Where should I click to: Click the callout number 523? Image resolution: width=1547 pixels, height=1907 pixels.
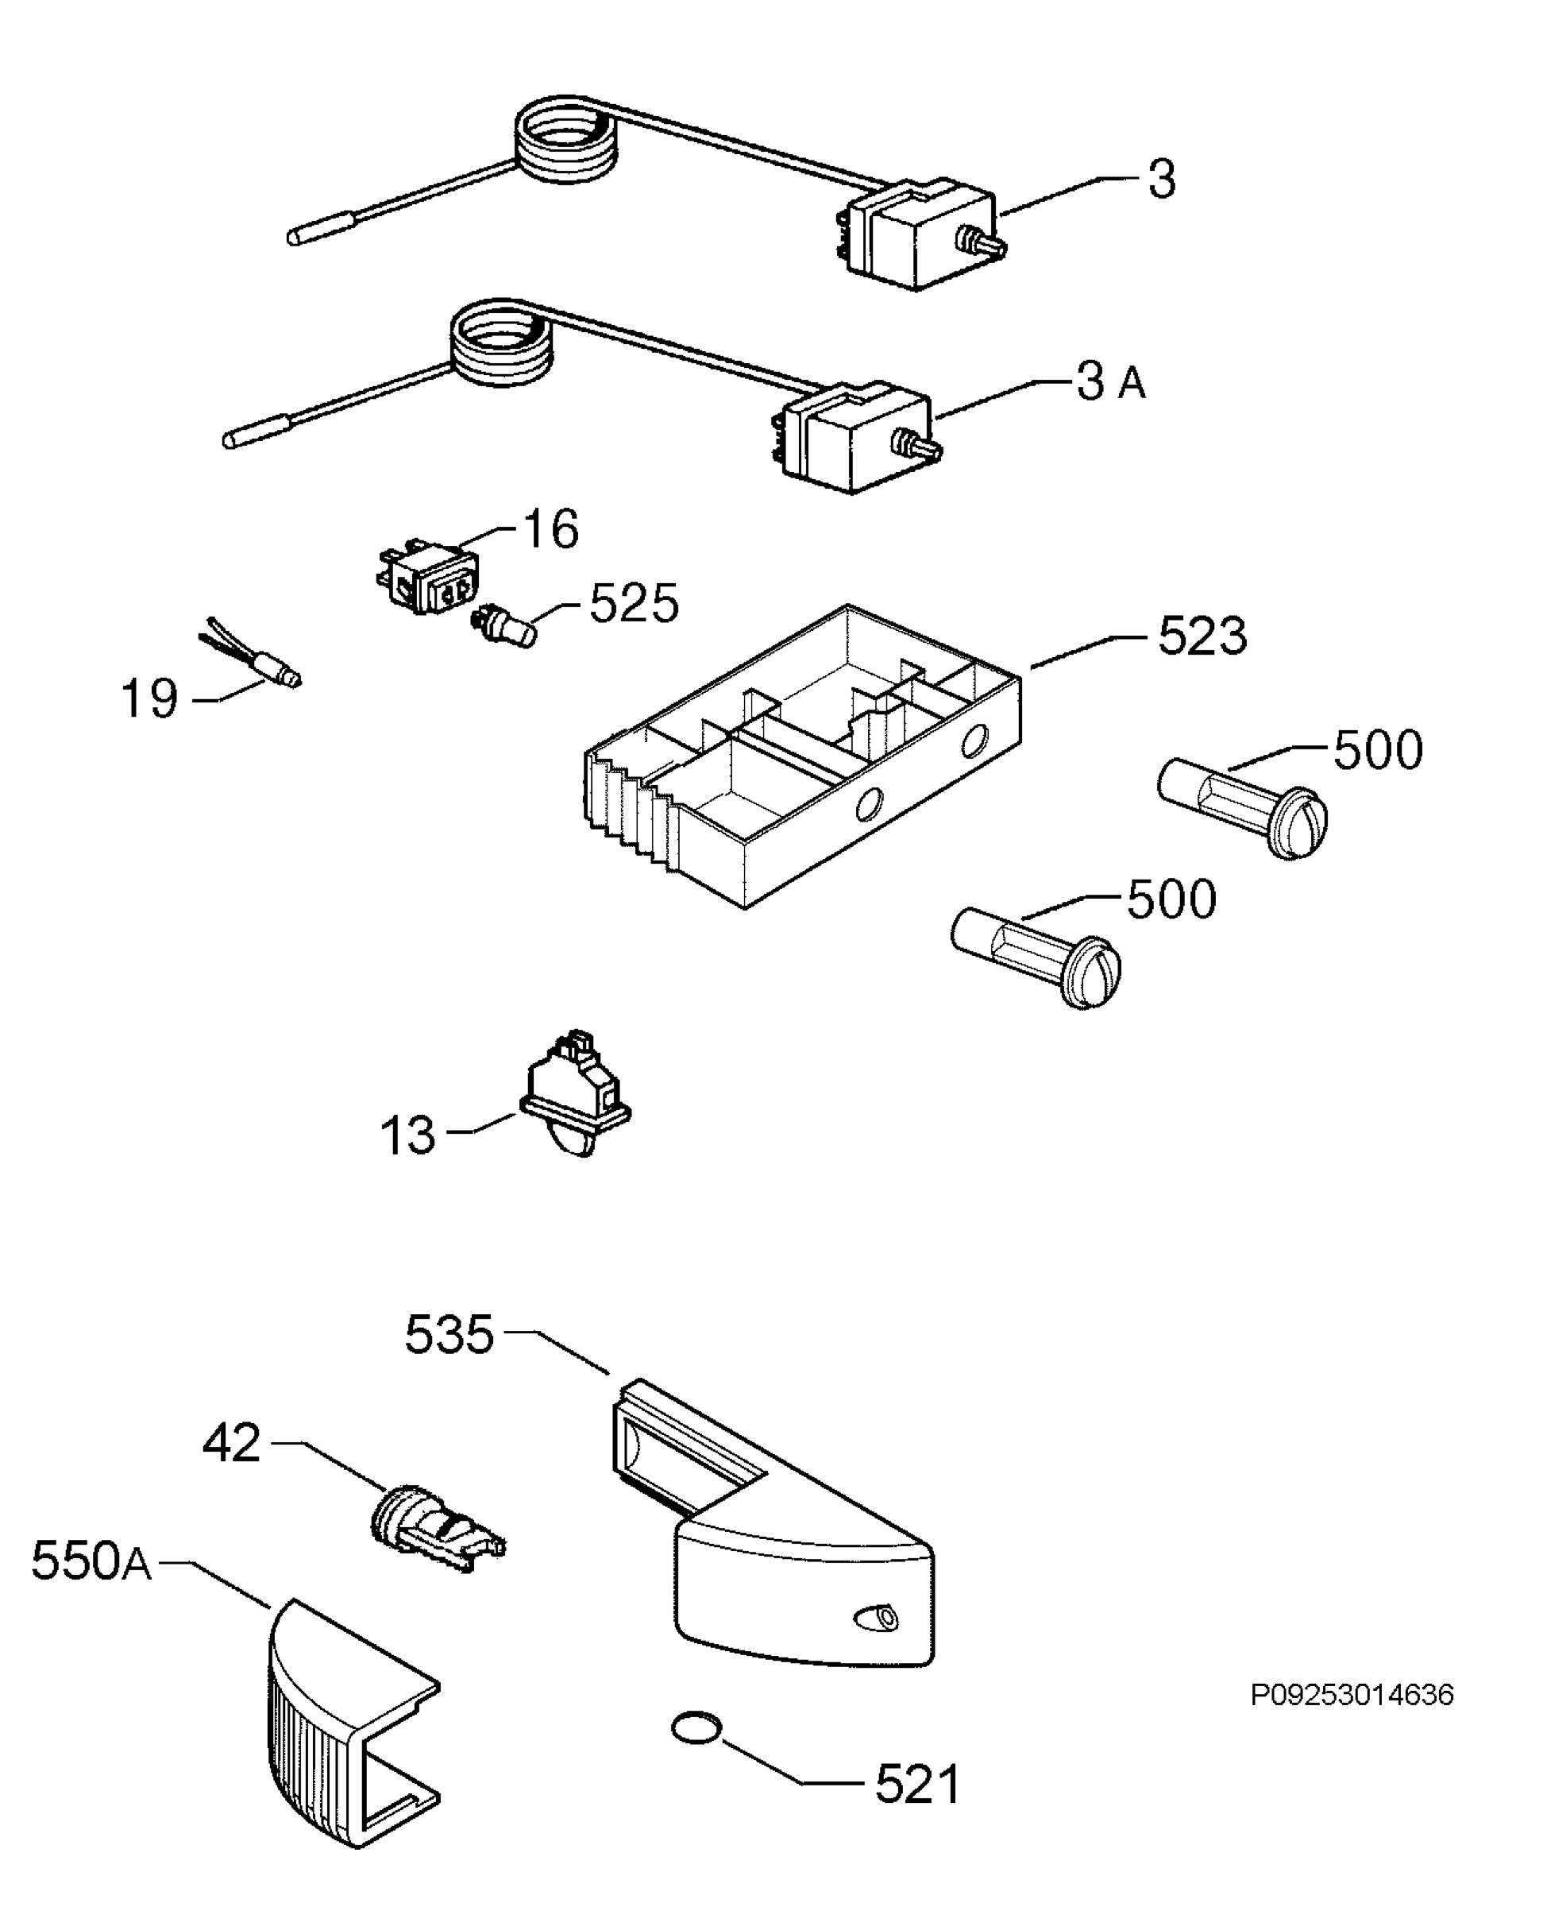(1202, 636)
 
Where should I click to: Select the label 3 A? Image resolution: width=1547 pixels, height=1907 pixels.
(1110, 381)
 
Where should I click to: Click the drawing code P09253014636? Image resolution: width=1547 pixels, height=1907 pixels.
(1352, 1694)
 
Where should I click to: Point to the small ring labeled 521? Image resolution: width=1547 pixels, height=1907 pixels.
(696, 1727)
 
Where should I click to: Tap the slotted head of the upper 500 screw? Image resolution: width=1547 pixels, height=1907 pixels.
(1298, 823)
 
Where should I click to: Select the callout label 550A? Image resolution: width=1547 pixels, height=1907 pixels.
(91, 1561)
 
